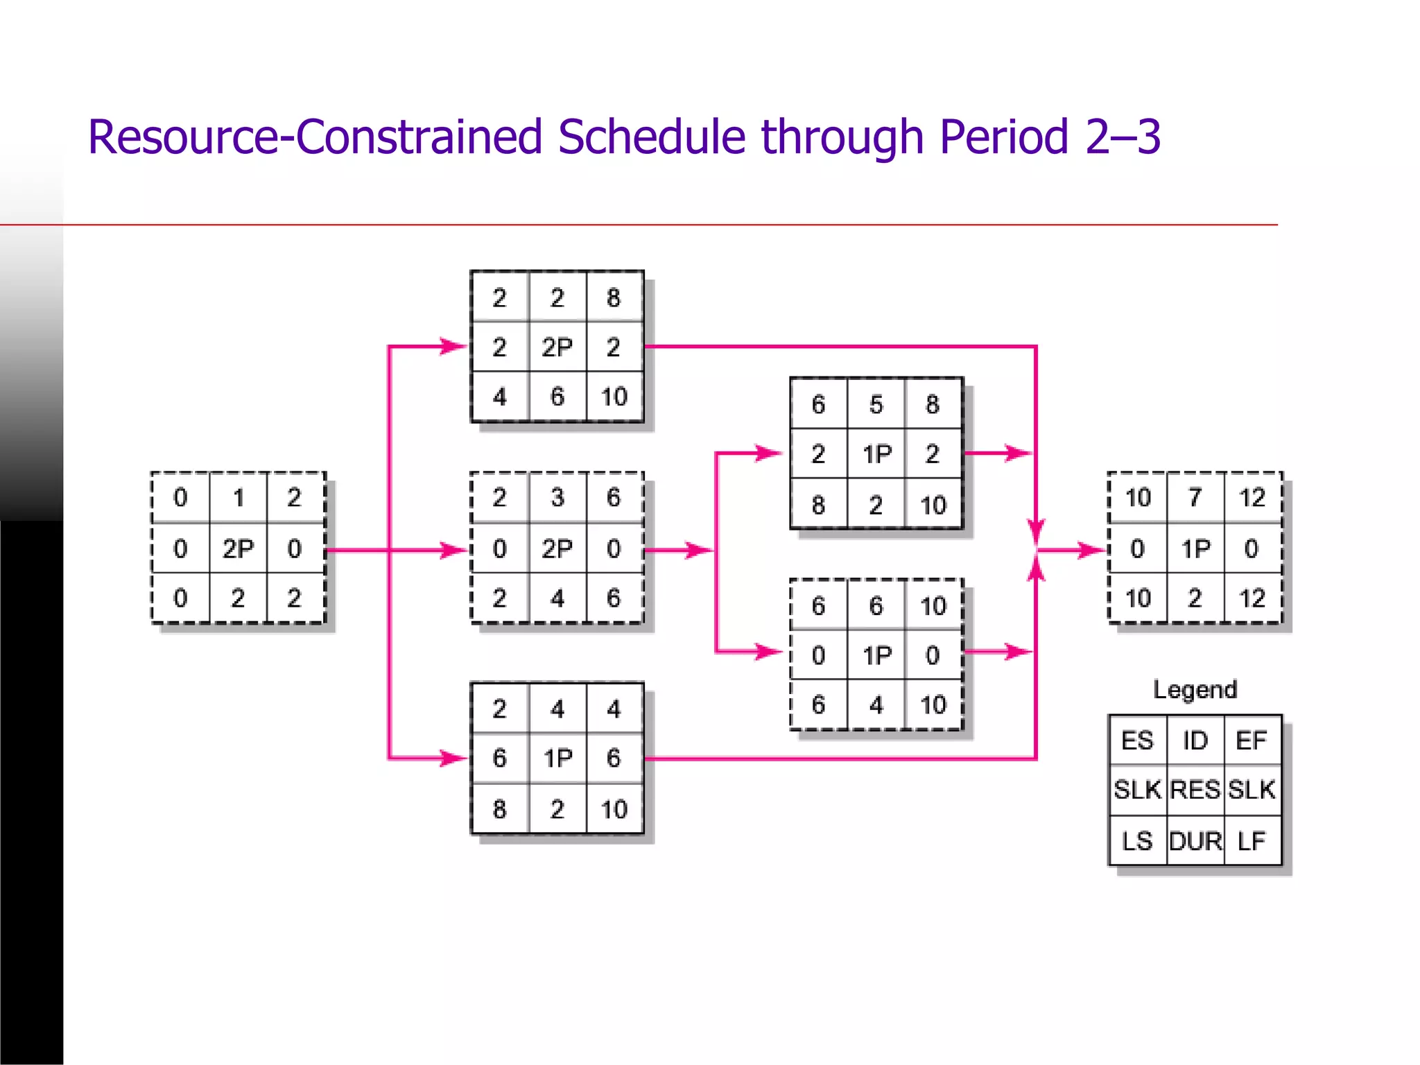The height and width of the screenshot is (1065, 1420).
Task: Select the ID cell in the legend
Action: point(1195,741)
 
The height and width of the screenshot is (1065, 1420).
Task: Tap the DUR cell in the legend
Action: point(1195,841)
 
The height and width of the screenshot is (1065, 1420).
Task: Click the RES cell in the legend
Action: point(1195,790)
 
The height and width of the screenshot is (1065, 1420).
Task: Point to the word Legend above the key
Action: point(1195,689)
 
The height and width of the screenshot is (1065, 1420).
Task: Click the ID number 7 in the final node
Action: point(1195,497)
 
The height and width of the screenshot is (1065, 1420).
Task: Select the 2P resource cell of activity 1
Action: point(238,548)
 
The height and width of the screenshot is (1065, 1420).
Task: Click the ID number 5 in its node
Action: point(876,404)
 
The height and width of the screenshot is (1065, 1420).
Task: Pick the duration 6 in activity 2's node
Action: point(557,396)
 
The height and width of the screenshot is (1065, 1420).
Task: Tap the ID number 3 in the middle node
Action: point(557,497)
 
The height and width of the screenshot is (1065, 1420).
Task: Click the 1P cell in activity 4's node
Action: point(557,758)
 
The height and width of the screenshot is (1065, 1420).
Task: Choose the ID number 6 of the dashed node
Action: point(876,606)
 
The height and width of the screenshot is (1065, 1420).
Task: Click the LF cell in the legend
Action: point(1252,841)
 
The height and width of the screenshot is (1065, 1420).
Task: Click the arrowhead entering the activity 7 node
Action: point(1092,551)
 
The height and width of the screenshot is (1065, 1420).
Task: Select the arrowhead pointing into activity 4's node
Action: point(454,758)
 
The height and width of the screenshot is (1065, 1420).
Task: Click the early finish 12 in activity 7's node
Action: point(1252,497)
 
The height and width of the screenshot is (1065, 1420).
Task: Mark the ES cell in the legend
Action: point(1137,741)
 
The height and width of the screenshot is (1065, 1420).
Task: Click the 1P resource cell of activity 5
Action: point(876,454)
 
